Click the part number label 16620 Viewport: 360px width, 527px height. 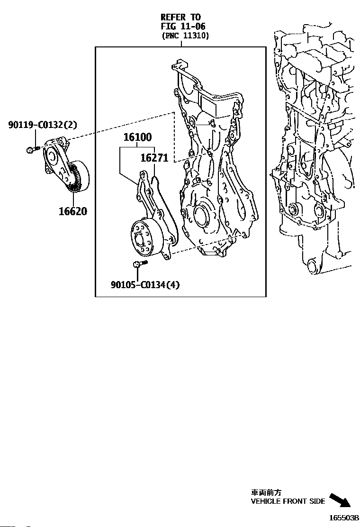click(x=73, y=211)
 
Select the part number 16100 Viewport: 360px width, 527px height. click(x=137, y=138)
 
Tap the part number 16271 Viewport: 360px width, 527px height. click(x=154, y=158)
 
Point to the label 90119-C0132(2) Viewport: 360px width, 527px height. click(x=43, y=125)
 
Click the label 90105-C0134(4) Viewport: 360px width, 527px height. click(x=145, y=284)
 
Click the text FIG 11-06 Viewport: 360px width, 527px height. click(x=183, y=27)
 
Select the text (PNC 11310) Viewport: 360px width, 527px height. click(x=185, y=36)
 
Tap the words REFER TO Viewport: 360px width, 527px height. click(x=180, y=18)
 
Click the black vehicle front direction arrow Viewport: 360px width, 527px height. click(x=340, y=500)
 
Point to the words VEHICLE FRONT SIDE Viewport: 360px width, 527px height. click(x=288, y=501)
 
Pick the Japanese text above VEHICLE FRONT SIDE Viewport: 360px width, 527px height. click(x=262, y=493)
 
